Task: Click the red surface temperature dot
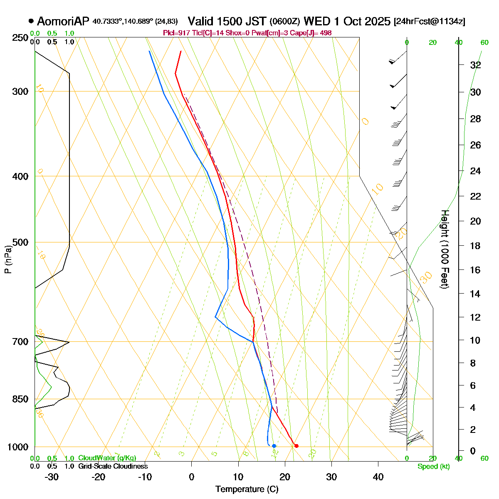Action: (x=296, y=446)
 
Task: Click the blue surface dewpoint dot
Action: (x=274, y=446)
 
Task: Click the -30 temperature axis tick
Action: (x=52, y=477)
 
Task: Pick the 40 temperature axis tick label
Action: (x=378, y=477)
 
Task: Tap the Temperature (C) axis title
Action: (x=247, y=489)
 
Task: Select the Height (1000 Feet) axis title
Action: (x=445, y=249)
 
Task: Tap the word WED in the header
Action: (x=314, y=21)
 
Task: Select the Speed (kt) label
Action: (x=434, y=466)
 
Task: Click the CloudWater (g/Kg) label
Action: (x=107, y=458)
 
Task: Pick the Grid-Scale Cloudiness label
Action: (x=113, y=466)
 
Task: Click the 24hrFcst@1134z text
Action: (x=429, y=22)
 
